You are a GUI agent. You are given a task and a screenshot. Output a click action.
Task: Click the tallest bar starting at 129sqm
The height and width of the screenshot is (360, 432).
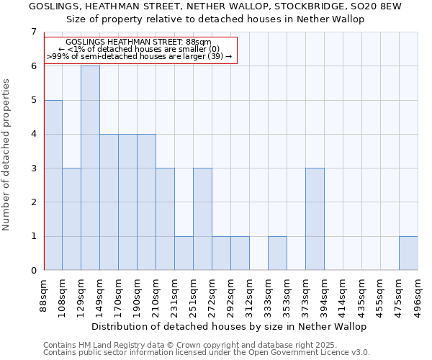90,168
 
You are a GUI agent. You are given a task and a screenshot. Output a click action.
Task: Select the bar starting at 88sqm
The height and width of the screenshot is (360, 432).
53,185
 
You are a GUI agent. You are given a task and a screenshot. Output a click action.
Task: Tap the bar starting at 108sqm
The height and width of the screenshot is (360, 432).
71,219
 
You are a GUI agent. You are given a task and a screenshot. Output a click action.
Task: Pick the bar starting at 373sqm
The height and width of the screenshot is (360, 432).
315,219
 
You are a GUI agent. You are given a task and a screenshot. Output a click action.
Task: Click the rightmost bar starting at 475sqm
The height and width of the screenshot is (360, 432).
408,253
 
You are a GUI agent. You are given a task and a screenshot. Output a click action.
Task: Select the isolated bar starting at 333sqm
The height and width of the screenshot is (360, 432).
277,253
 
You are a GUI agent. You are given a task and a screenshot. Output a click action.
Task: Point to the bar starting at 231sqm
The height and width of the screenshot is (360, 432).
184,253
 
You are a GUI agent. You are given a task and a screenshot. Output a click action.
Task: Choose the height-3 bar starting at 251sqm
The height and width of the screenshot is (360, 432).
202,219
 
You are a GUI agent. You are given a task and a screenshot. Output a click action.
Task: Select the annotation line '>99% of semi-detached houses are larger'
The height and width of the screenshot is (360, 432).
140,56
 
